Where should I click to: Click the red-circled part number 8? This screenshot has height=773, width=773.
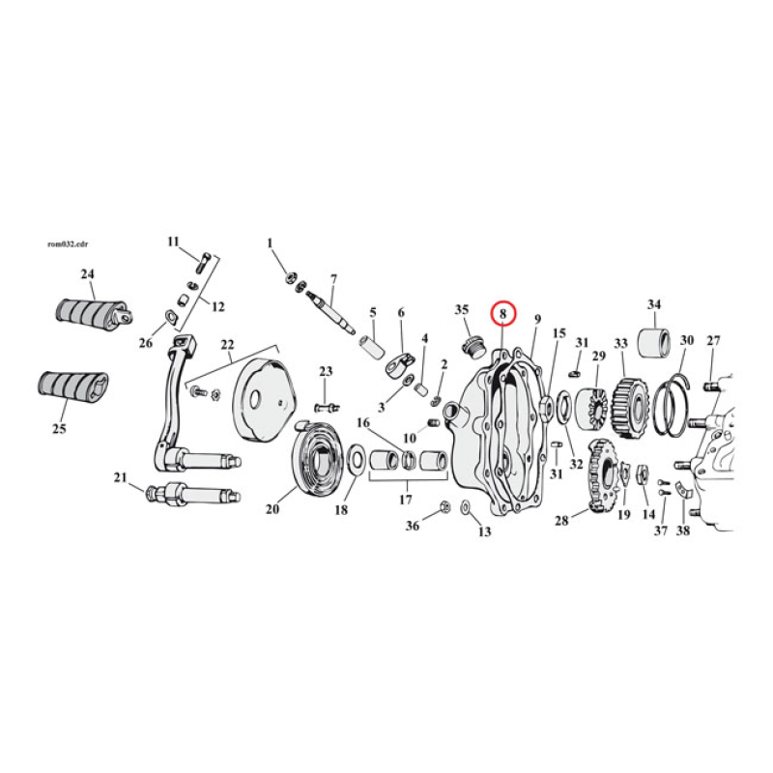503,314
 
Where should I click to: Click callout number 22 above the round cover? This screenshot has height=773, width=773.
227,345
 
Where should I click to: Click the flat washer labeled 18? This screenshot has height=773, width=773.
355,459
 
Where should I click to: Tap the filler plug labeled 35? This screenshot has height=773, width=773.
472,345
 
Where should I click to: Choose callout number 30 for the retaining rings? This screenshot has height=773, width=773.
686,340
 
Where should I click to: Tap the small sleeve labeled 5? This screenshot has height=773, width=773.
368,345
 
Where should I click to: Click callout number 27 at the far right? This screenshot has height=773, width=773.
713,340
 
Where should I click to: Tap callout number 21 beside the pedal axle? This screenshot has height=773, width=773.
120,477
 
